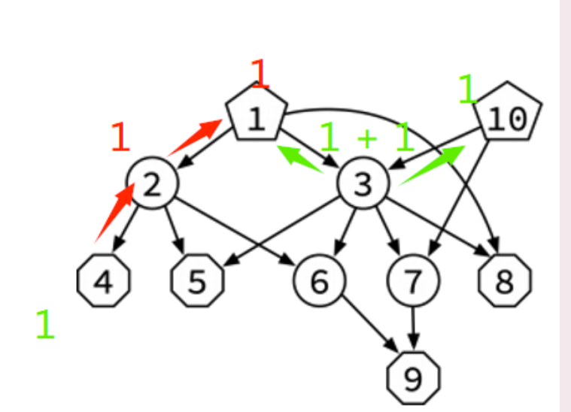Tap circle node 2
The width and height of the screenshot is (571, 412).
pyautogui.click(x=152, y=184)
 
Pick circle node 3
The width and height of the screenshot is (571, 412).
pyautogui.click(x=363, y=184)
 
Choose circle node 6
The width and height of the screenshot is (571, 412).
pyautogui.click(x=320, y=281)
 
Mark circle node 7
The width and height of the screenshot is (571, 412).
pyautogui.click(x=413, y=281)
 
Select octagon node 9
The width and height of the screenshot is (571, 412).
pyautogui.click(x=413, y=378)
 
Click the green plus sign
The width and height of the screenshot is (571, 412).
pyautogui.click(x=366, y=138)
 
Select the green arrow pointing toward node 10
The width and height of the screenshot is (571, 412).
pyautogui.click(x=432, y=165)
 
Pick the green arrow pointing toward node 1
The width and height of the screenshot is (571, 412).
pyautogui.click(x=299, y=159)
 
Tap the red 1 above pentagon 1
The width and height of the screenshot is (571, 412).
pyautogui.click(x=260, y=72)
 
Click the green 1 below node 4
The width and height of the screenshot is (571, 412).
pyautogui.click(x=45, y=324)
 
